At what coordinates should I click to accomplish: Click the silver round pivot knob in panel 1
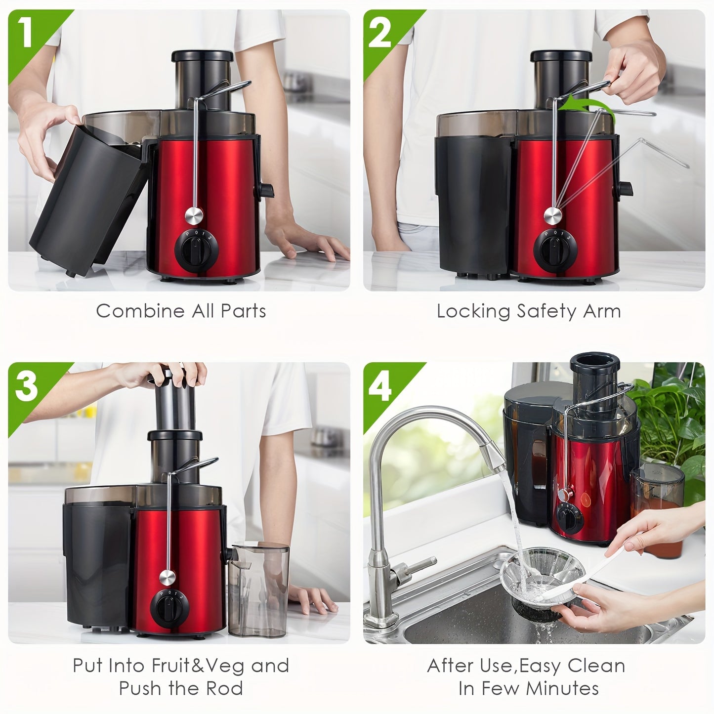click(x=194, y=215)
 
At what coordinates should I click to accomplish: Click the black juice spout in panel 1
click(x=266, y=190)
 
